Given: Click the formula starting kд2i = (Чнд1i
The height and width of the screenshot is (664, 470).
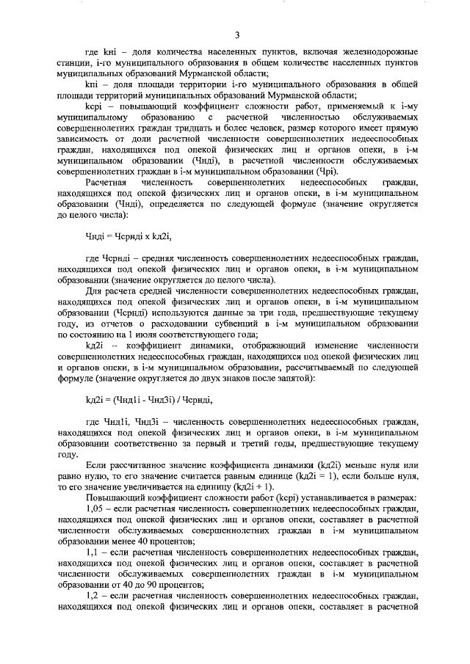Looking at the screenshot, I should pyautogui.click(x=149, y=400).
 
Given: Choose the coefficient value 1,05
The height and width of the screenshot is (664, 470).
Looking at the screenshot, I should pyautogui.click(x=95, y=508).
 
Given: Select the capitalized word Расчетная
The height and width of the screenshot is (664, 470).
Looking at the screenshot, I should pyautogui.click(x=107, y=181).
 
